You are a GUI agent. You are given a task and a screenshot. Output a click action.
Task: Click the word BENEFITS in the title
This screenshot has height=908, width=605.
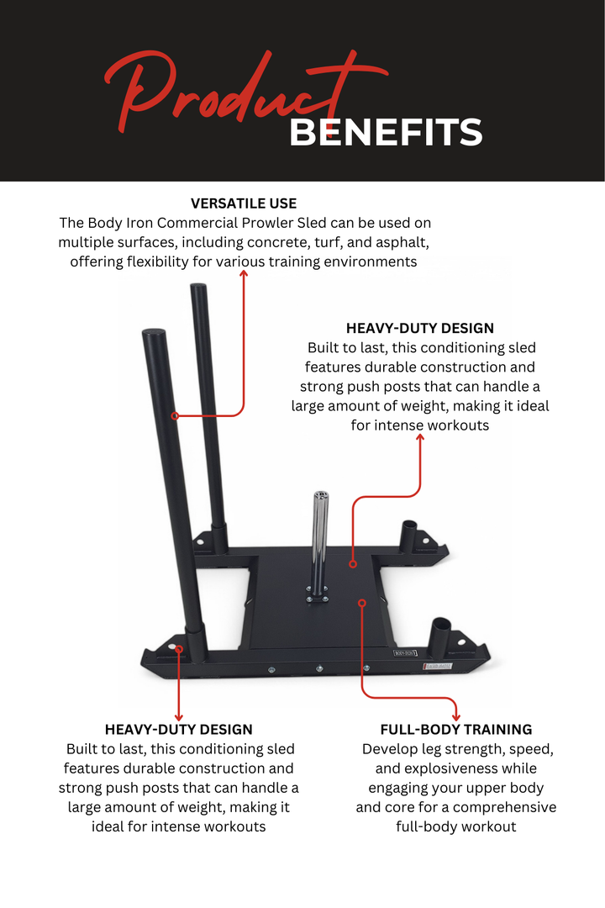point(386,133)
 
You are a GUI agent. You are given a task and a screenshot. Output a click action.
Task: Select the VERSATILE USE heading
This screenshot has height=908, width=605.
point(244,203)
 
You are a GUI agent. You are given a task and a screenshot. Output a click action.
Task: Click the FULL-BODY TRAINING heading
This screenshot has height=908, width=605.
point(456,730)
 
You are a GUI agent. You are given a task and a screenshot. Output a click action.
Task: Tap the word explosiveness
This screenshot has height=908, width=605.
point(461,768)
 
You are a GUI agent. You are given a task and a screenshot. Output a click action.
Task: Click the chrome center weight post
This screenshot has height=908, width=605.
point(320,538)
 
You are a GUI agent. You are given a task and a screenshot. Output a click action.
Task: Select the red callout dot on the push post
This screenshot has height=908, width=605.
point(175,415)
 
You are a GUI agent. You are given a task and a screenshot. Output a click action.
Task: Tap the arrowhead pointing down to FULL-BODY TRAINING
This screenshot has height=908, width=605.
point(456,716)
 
